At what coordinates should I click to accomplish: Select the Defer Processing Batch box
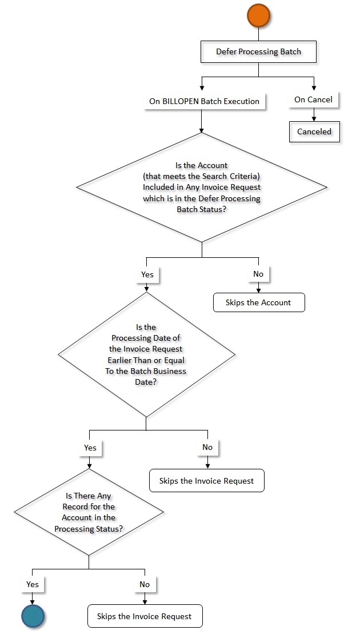[x=258, y=51]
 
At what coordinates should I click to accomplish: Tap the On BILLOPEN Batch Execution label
[x=204, y=101]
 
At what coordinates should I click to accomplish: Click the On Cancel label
[x=313, y=99]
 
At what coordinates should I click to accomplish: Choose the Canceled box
[x=314, y=131]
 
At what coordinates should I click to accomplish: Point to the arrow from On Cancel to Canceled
[x=313, y=115]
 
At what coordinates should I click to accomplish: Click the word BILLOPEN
[x=182, y=101]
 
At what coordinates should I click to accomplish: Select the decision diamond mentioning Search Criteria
[x=202, y=188]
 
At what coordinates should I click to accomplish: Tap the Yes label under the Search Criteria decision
[x=147, y=274]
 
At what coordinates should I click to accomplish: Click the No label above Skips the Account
[x=258, y=274]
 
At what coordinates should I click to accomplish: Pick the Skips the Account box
[x=259, y=302]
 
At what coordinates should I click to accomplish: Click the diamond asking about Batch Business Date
[x=147, y=354]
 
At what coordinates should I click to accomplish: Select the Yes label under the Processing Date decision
[x=90, y=448]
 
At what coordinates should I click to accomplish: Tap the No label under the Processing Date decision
[x=207, y=448]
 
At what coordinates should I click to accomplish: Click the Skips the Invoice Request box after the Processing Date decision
[x=207, y=481]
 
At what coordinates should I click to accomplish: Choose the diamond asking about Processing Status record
[x=89, y=512]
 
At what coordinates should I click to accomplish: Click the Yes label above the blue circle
[x=33, y=584]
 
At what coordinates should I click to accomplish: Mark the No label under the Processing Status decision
[x=145, y=584]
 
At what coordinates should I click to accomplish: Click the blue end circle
[x=33, y=617]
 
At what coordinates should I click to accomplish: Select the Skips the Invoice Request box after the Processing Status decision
[x=145, y=617]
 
